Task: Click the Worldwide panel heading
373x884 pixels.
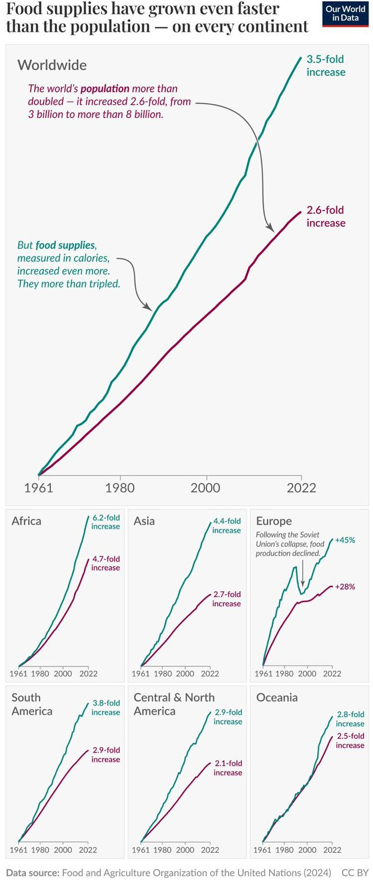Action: (52, 65)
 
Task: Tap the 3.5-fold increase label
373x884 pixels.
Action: (326, 65)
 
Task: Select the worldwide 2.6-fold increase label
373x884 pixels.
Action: (326, 216)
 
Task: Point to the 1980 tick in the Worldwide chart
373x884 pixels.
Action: (119, 488)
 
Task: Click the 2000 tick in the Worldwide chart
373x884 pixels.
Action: (207, 488)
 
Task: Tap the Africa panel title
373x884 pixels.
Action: (27, 520)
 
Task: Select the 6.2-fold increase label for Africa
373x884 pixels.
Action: (106, 522)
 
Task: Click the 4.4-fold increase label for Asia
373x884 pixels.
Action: (226, 525)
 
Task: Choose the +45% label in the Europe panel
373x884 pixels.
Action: (345, 540)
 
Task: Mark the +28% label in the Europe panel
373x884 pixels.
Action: (345, 586)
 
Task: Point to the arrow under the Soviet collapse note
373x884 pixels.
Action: (302, 574)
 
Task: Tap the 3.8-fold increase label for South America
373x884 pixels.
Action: (106, 708)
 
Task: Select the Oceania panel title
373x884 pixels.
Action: (277, 697)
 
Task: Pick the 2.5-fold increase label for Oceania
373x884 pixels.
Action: (350, 740)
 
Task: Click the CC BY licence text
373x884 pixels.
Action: (355, 872)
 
